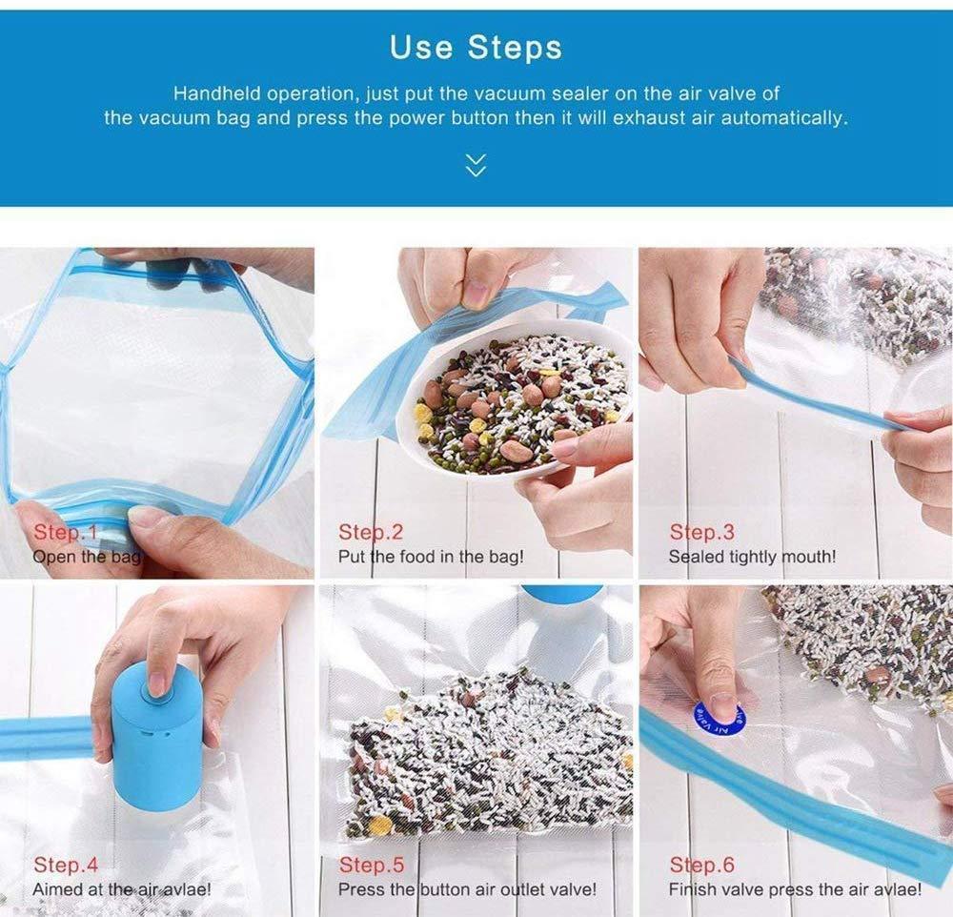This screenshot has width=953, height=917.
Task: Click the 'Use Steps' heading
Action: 476,48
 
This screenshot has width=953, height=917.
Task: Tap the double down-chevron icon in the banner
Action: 476,165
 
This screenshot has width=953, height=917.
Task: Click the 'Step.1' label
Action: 66,532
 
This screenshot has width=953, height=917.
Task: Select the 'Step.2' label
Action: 371,532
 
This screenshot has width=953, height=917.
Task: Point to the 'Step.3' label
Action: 702,532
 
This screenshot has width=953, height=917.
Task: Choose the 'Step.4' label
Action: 66,864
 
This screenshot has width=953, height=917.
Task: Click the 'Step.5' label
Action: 372,864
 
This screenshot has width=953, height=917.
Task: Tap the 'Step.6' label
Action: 702,864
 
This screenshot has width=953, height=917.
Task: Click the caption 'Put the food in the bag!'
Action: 431,557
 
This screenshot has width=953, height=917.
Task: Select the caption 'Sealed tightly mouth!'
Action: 753,557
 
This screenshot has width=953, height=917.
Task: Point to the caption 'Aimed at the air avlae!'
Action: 122,889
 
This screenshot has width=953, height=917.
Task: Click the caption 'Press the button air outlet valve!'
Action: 467,889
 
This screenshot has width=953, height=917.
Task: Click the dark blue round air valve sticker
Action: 719,718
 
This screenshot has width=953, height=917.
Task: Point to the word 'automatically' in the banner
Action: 783,117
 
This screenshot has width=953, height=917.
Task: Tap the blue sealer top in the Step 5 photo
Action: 562,593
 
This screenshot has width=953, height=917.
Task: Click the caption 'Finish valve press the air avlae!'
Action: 795,889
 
